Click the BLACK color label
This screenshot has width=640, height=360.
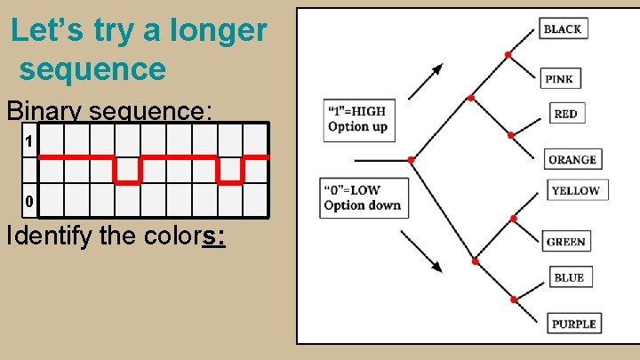(563, 28)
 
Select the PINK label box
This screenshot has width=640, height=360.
(559, 78)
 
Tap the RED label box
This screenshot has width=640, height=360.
(565, 114)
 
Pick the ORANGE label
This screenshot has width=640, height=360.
(572, 160)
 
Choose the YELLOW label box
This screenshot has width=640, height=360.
(575, 190)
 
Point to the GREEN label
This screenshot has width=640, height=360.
(566, 241)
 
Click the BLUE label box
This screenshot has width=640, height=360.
(569, 277)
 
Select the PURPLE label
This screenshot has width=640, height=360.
(573, 324)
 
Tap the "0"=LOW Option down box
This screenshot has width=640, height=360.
(362, 197)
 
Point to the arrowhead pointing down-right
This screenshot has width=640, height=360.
(436, 266)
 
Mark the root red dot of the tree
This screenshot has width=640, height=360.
(411, 161)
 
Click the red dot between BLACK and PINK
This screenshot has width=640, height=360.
(508, 55)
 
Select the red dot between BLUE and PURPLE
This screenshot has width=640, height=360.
(514, 300)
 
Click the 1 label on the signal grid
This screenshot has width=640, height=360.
(29, 141)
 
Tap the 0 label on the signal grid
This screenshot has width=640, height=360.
(29, 202)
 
